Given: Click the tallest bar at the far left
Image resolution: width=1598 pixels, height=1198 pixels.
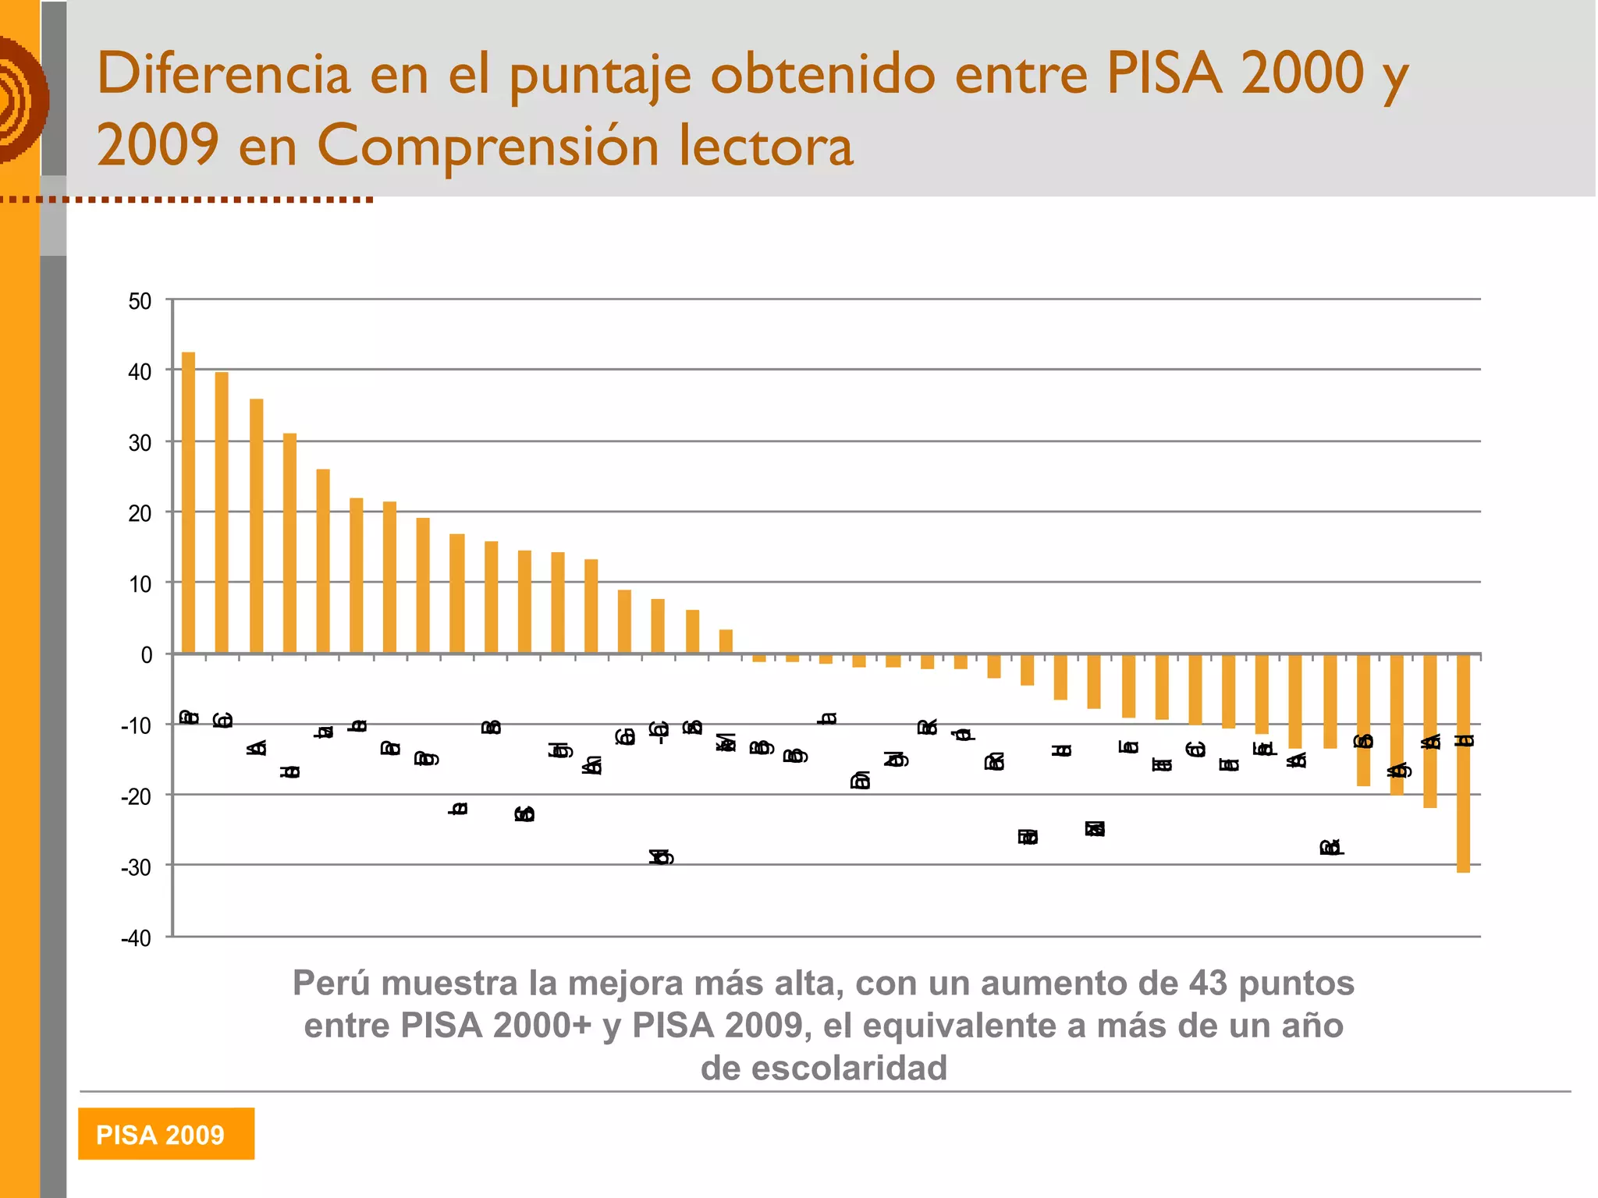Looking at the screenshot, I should (188, 502).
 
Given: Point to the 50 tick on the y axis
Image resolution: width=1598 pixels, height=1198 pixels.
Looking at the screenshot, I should (140, 301).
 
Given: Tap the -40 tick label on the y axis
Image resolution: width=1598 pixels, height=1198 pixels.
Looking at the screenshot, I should (137, 938).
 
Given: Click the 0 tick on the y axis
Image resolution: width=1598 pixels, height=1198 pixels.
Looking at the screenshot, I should (147, 655).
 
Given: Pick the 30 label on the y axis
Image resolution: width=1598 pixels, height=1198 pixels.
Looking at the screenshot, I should (140, 443).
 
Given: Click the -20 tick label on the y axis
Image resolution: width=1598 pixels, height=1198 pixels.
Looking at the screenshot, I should (137, 796).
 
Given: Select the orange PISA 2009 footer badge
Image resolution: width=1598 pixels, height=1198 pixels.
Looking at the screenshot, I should (165, 1133).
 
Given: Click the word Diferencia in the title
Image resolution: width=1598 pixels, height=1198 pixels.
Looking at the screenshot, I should (224, 74).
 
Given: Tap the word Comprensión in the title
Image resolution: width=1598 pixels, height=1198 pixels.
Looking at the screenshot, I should (488, 146).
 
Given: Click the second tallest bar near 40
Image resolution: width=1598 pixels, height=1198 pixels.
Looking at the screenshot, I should (222, 512).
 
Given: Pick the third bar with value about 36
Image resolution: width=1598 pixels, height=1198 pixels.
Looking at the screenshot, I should (256, 526).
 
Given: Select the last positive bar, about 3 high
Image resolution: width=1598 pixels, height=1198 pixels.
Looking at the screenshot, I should (726, 641).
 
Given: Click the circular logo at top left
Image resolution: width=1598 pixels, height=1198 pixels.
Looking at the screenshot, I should (22, 100).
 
